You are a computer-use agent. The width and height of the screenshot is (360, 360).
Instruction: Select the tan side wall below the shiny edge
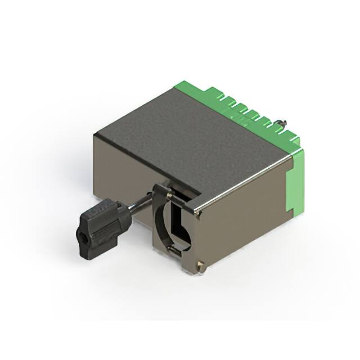(x=242, y=225)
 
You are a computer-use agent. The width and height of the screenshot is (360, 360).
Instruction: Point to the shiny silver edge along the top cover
(x=247, y=183)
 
